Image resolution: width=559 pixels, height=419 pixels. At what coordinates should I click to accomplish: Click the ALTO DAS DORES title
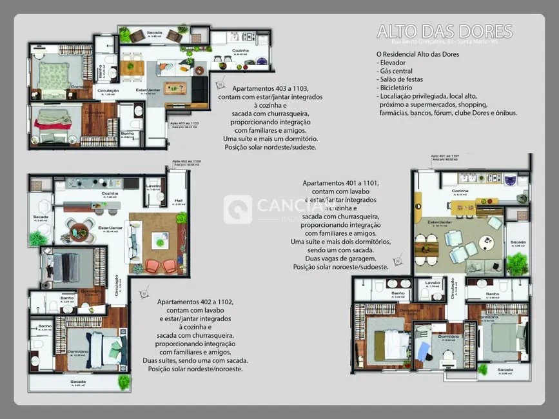click(x=445, y=32)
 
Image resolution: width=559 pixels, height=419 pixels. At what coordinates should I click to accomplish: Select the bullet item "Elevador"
click(x=395, y=63)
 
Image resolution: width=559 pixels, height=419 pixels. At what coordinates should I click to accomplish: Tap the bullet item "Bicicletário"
click(x=398, y=88)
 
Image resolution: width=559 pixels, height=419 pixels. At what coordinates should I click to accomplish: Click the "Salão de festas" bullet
click(x=403, y=79)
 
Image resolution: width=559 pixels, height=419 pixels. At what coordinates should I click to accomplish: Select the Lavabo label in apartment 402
click(x=153, y=186)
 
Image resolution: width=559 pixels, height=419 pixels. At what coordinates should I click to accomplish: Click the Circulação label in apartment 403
click(x=108, y=91)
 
